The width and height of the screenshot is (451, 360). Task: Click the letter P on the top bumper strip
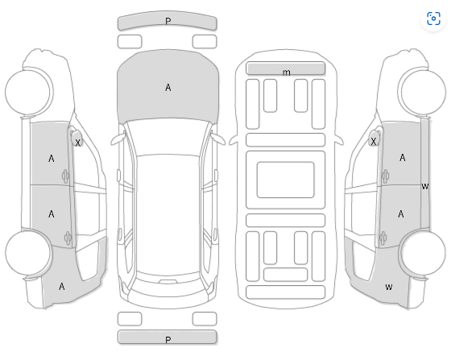(x=168, y=21)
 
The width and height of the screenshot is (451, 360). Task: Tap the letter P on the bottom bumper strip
(x=168, y=340)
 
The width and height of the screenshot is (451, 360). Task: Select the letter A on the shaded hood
(x=168, y=88)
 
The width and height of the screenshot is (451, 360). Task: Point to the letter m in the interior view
(x=286, y=72)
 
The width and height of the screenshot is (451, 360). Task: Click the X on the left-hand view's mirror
(x=77, y=143)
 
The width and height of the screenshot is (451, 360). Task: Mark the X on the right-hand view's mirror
(x=373, y=142)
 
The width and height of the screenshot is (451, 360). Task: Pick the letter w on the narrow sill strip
(x=425, y=186)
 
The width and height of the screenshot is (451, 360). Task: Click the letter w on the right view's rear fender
(x=388, y=287)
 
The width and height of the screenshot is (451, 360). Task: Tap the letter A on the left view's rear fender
(x=61, y=287)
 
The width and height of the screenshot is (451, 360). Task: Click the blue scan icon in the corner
(x=433, y=19)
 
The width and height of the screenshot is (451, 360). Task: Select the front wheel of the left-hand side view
(x=29, y=92)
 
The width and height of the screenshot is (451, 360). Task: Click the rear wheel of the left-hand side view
(x=29, y=252)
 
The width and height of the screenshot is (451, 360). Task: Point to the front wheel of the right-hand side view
(x=422, y=92)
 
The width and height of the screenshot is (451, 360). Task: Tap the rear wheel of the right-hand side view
(x=422, y=252)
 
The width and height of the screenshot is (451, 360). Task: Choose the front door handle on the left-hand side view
(x=65, y=176)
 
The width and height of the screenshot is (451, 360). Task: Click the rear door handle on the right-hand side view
(x=383, y=238)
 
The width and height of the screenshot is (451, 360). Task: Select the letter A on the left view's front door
(x=52, y=159)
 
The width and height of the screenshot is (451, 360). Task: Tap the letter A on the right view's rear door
(x=401, y=214)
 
